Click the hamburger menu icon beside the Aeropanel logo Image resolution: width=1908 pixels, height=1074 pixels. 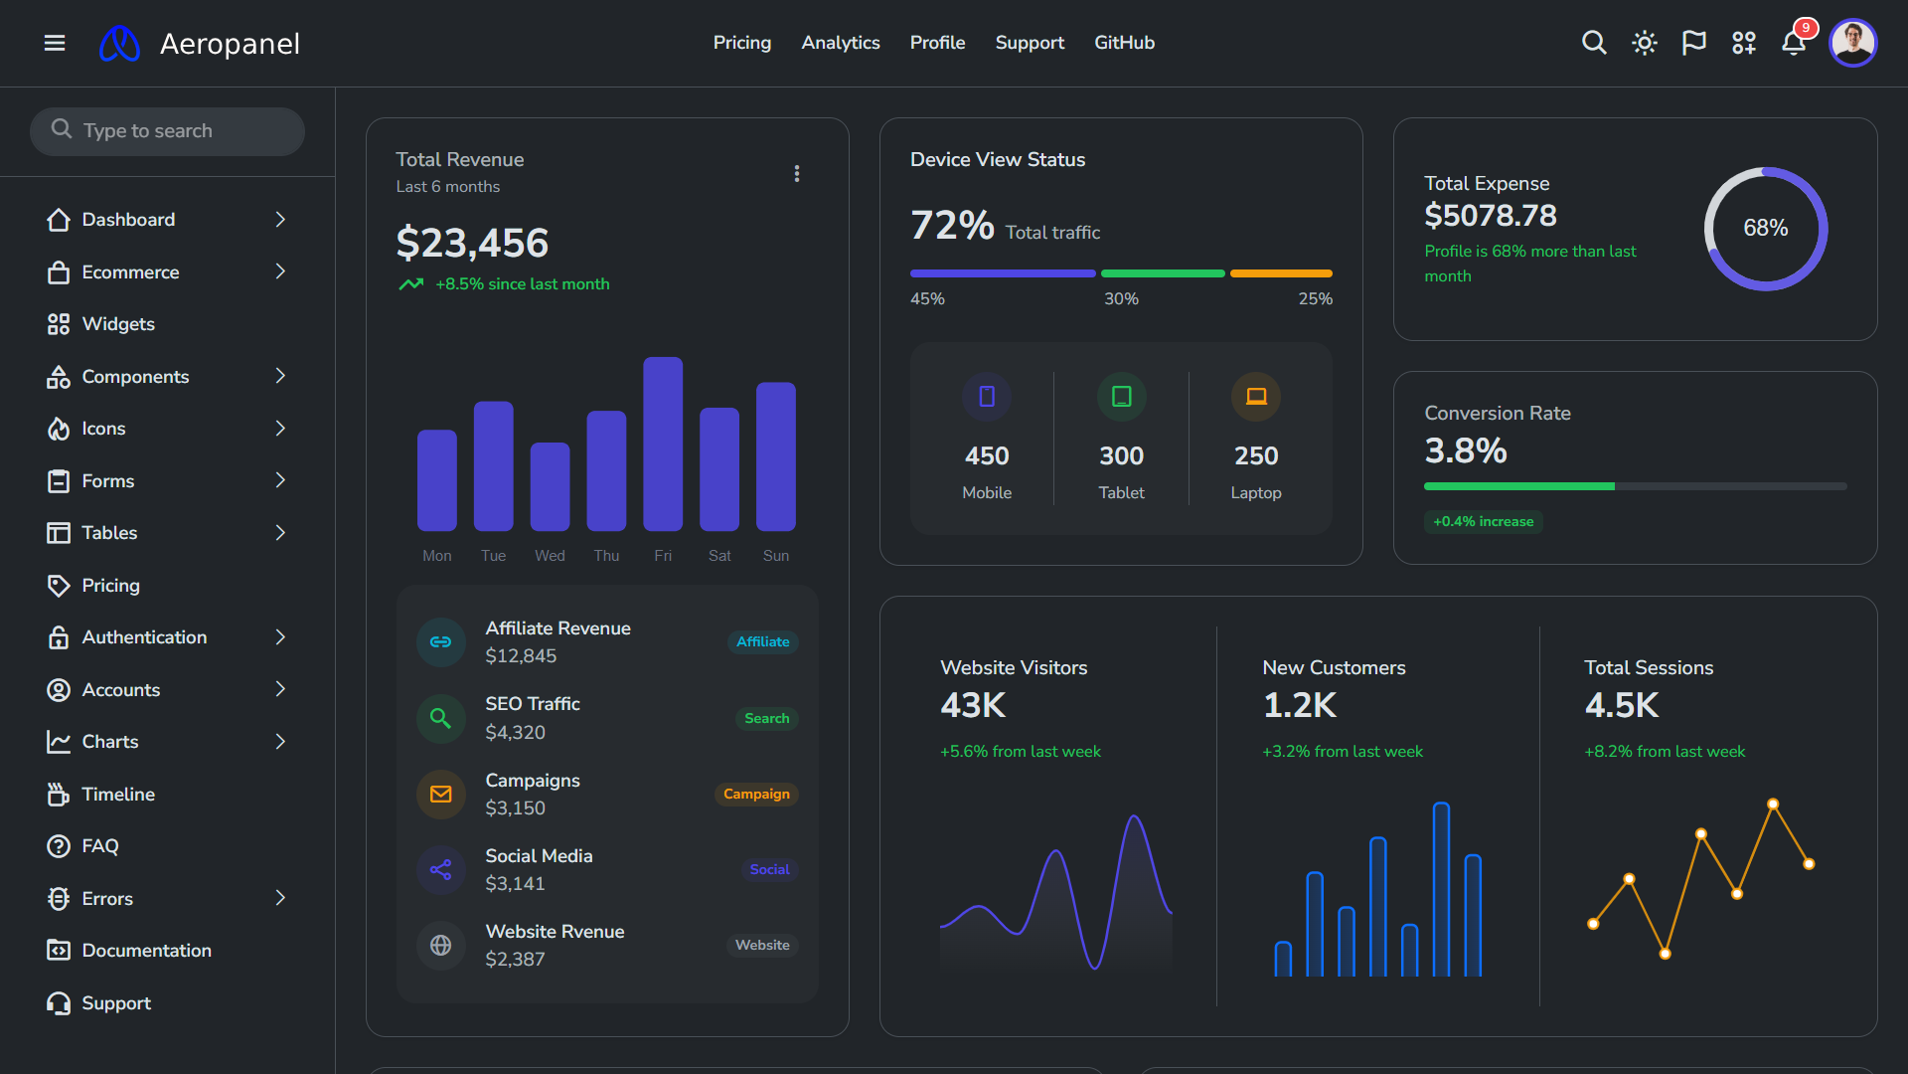(55, 43)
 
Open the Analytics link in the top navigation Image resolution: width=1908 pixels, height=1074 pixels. (840, 43)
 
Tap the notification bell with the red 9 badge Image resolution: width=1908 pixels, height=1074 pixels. (1793, 43)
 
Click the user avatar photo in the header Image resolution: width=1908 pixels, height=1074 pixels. (1852, 43)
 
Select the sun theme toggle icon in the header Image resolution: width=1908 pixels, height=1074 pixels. (1644, 43)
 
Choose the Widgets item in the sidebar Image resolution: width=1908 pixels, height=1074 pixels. (117, 324)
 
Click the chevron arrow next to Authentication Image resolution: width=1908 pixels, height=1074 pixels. (280, 637)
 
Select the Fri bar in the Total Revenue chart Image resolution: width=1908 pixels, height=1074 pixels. (663, 444)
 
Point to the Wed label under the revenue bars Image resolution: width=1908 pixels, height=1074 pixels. (550, 556)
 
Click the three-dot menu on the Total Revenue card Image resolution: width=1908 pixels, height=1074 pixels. (797, 174)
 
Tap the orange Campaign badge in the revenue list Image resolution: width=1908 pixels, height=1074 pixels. (756, 794)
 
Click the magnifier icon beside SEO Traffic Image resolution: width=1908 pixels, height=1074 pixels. (440, 718)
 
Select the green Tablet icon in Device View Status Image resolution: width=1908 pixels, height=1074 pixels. (1121, 397)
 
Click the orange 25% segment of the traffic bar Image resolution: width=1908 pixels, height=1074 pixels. (1280, 273)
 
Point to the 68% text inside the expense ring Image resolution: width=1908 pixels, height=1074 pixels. (1765, 229)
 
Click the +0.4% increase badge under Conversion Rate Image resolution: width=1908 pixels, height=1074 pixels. (1483, 521)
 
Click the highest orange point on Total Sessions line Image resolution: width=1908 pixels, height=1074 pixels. (1773, 804)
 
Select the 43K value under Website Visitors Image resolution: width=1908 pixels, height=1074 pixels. (973, 705)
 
